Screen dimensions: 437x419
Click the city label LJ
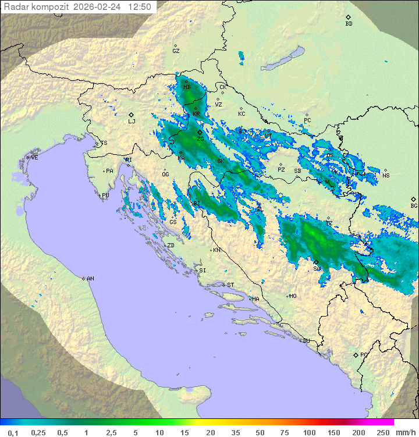[132, 122]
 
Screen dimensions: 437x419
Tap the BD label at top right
[349, 24]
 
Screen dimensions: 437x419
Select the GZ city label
[176, 51]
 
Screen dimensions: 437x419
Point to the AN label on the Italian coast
[90, 279]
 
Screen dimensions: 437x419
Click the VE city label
[34, 158]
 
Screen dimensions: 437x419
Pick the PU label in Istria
[105, 196]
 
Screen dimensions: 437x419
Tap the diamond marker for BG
[413, 199]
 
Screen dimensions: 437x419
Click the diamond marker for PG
[356, 355]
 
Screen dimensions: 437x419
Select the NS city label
[386, 176]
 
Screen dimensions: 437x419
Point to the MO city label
[293, 296]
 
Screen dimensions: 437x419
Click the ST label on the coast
[230, 285]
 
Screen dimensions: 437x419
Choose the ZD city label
[171, 246]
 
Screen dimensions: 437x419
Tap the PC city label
[307, 121]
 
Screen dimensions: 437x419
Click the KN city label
[216, 250]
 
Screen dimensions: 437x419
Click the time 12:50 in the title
[140, 7]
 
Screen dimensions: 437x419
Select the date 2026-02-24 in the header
[98, 7]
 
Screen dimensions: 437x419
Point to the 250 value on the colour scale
[382, 432]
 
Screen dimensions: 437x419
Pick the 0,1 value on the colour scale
[13, 432]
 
